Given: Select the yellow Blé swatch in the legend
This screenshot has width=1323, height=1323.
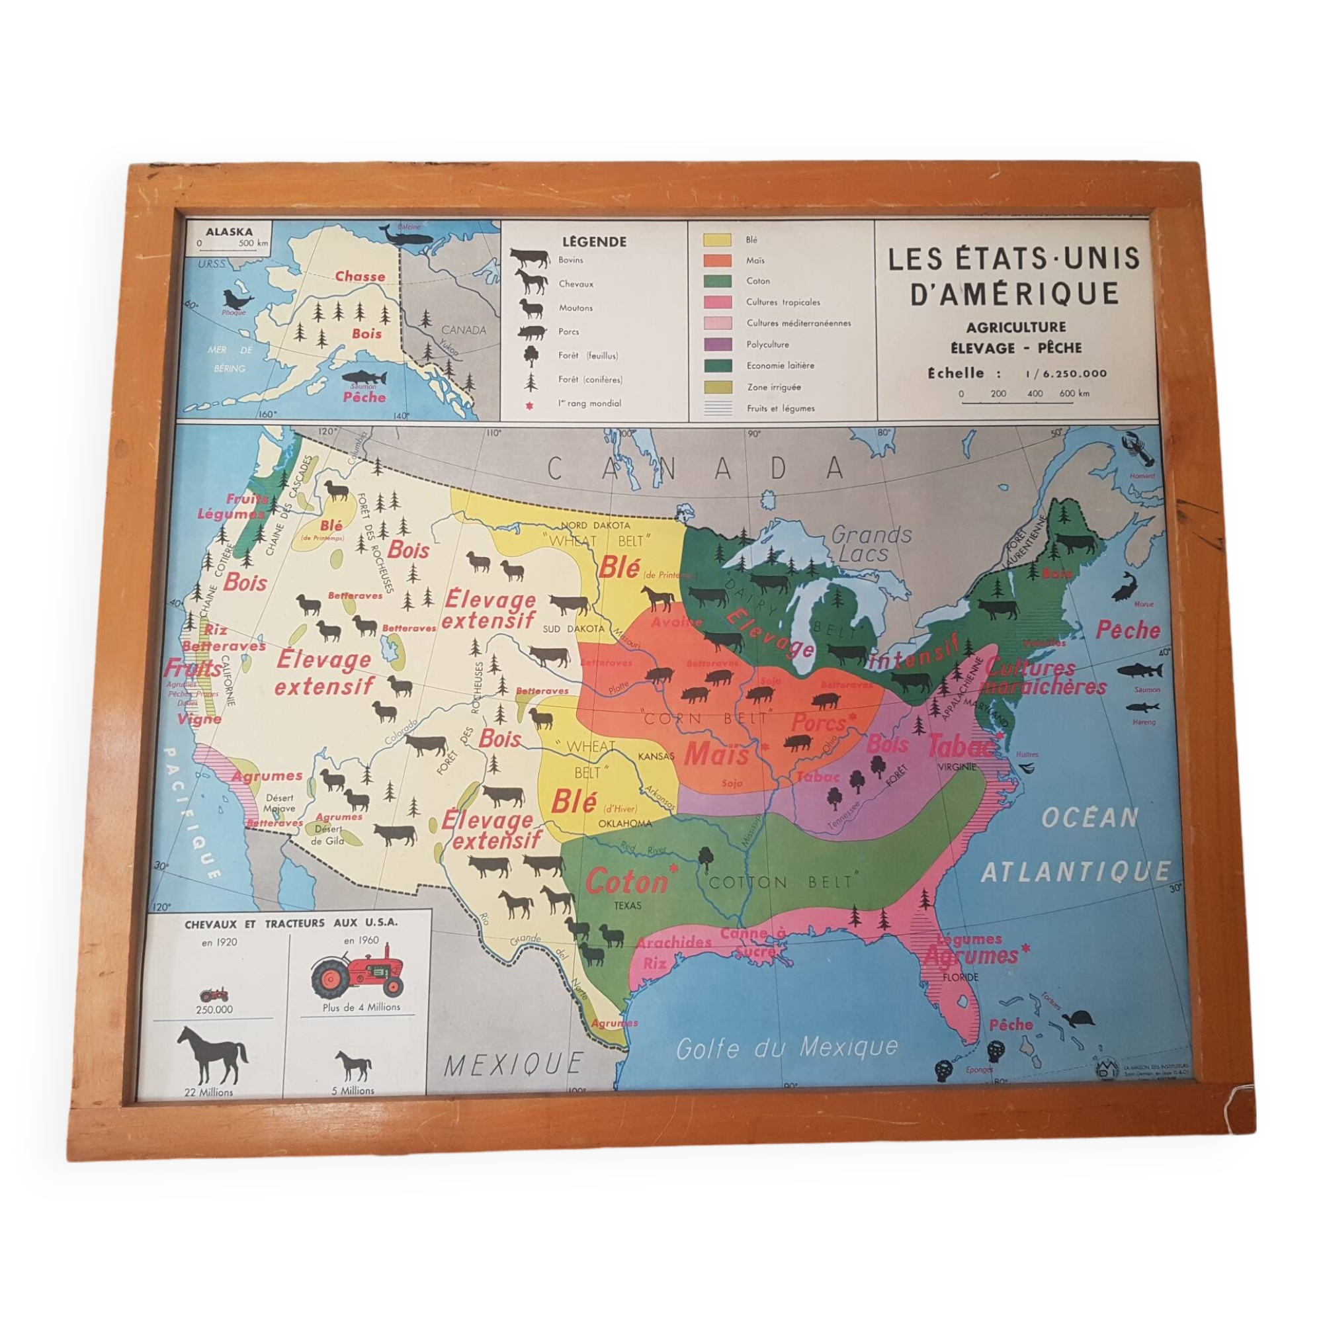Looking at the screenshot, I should [716, 239].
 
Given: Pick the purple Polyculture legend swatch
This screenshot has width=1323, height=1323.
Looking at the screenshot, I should [717, 345].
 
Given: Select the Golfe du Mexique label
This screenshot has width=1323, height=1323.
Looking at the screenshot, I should [787, 1048].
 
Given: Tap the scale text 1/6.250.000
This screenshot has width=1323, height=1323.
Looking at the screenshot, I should [1066, 373].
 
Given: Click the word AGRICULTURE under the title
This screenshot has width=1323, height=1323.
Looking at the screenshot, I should [1015, 327].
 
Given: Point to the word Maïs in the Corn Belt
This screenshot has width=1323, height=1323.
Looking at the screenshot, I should [716, 754].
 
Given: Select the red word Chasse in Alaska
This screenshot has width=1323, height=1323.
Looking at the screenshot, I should [361, 276].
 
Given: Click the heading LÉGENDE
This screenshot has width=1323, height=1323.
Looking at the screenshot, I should [594, 241].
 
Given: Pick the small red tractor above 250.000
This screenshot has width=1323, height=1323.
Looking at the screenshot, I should [214, 994].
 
